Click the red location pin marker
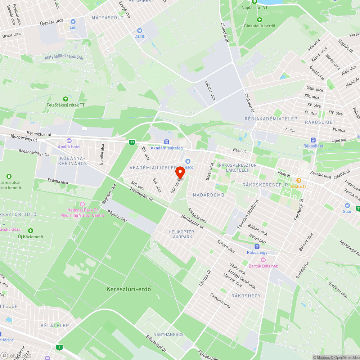tap(180, 172)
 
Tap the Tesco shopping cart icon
tap(187, 161)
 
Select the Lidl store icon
tap(73, 22)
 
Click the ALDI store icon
tap(140, 31)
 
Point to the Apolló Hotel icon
tap(69, 141)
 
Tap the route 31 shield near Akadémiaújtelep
tap(132, 142)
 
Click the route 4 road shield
tap(59, 347)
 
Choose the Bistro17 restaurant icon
tap(298, 180)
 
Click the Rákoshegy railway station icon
tap(257, 247)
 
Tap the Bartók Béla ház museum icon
tap(263, 260)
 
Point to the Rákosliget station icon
tap(313, 140)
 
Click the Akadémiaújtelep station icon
tap(166, 142)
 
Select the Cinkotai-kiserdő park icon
tap(259, 20)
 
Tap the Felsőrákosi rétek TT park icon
tap(66, 99)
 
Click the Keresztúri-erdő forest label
tap(129, 289)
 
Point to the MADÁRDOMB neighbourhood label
tap(209, 195)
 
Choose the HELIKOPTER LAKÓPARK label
tap(181, 234)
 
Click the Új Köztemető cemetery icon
tap(31, 230)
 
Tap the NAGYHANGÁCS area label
tap(168, 334)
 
